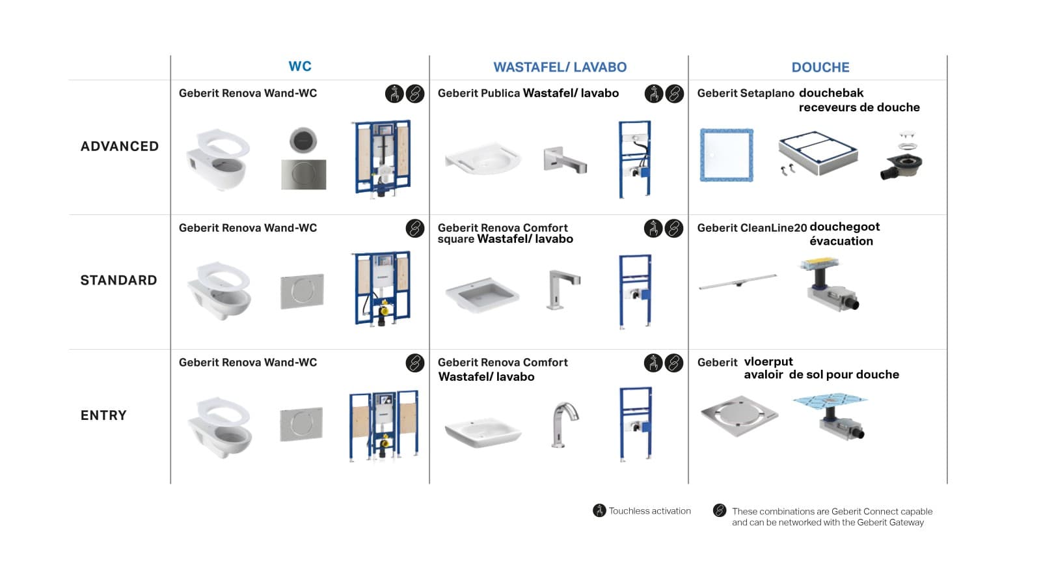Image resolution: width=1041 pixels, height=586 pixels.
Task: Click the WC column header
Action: coord(300,66)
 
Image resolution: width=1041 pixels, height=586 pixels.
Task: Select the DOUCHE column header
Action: coord(820,67)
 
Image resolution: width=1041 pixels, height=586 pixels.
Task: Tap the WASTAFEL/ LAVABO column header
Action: coord(560,67)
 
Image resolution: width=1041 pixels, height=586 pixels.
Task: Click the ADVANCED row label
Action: coord(120,146)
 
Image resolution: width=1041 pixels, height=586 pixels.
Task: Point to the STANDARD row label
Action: coord(118,281)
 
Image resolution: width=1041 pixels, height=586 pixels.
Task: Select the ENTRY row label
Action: coord(103,415)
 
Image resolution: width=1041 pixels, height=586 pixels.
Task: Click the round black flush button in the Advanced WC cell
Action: coord(303,140)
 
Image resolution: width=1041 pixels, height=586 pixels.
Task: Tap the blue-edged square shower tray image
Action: coord(727,155)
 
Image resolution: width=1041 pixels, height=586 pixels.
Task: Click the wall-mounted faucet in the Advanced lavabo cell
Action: coord(564,160)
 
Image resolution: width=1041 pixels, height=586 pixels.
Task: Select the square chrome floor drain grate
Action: coord(739,415)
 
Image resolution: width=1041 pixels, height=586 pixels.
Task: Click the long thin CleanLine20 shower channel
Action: coord(738,282)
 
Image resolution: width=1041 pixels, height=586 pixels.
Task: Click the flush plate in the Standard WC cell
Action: coord(302,291)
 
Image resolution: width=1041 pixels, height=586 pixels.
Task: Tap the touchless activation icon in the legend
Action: coord(599,510)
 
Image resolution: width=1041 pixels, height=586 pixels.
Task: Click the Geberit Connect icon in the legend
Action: coord(719,510)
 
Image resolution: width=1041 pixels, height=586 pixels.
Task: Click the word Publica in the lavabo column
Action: coord(500,93)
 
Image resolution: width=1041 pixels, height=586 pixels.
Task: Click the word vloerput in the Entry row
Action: coord(768,361)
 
